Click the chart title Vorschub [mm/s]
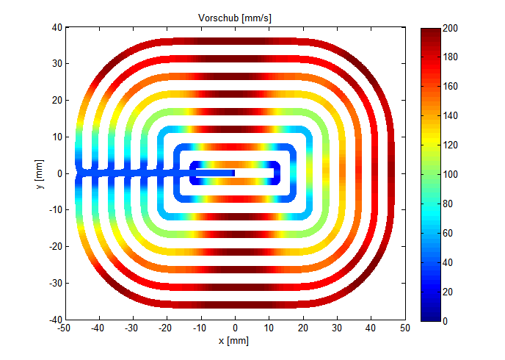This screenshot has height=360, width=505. (x=236, y=17)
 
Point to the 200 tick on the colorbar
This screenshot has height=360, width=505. (x=453, y=28)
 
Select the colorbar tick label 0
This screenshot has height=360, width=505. (x=447, y=320)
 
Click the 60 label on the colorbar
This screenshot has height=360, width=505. (x=450, y=233)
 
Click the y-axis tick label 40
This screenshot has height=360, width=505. (x=57, y=28)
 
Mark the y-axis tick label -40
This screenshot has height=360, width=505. (x=55, y=320)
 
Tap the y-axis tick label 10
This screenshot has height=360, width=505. (x=57, y=137)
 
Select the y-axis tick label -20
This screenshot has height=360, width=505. (x=55, y=247)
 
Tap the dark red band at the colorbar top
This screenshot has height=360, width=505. (x=430, y=33)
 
